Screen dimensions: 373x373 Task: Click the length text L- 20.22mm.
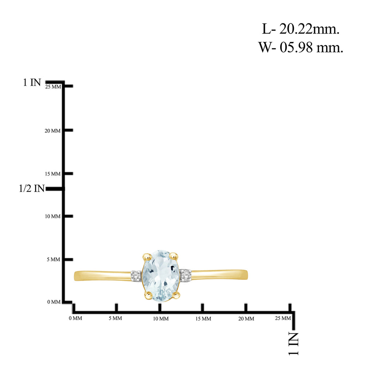coord(301,29)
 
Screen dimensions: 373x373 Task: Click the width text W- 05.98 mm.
coord(301,47)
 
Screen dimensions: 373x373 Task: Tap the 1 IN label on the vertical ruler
coord(32,83)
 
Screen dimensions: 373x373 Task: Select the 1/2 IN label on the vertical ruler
coord(32,188)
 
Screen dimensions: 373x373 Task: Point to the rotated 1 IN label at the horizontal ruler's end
coord(294,344)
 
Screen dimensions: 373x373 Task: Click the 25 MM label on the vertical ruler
coord(53,87)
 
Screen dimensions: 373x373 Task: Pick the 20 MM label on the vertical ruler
coord(52,131)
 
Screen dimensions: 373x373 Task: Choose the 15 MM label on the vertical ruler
coord(52,174)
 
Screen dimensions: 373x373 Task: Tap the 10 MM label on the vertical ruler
coord(52,216)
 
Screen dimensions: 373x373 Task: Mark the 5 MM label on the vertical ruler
coord(54,259)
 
